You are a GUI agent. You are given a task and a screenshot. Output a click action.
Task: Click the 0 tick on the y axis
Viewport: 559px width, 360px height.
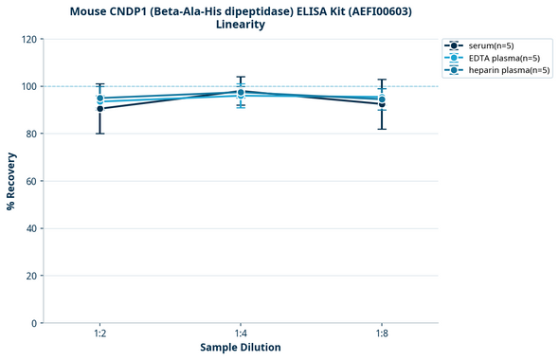(33, 323)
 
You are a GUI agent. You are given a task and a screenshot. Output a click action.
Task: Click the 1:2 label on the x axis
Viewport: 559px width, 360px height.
(99, 334)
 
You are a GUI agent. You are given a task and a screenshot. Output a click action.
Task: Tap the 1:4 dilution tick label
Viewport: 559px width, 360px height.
(241, 334)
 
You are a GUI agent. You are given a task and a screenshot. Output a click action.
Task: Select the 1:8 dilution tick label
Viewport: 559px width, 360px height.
(382, 334)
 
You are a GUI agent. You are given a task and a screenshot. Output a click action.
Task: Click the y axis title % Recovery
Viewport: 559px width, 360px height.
(11, 181)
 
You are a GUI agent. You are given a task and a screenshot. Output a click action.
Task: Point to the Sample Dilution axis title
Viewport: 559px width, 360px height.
(241, 348)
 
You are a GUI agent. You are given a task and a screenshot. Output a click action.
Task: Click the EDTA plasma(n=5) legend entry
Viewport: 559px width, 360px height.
(502, 58)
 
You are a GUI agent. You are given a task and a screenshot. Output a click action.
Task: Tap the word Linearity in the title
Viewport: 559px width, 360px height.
(241, 25)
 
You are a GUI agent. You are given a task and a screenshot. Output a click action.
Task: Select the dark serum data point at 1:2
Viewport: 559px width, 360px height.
(99, 109)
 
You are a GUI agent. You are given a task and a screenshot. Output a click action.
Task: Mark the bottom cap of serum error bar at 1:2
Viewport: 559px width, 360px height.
(99, 134)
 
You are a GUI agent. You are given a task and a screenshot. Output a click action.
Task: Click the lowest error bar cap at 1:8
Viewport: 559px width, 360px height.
(382, 129)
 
